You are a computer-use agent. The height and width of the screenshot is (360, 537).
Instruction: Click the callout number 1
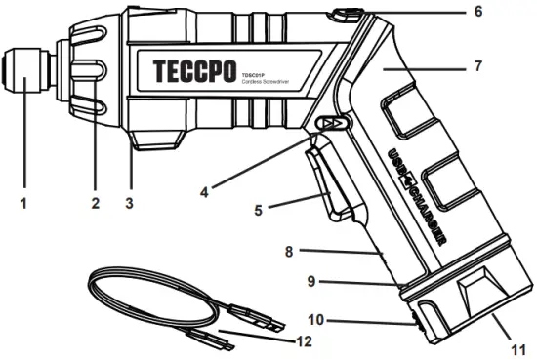point(23,204)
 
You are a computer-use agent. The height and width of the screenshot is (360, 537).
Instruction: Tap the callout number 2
point(96,204)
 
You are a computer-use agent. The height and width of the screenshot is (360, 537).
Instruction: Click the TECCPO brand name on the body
point(195,72)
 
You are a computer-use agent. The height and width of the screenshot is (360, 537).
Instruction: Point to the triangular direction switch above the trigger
point(334,124)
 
